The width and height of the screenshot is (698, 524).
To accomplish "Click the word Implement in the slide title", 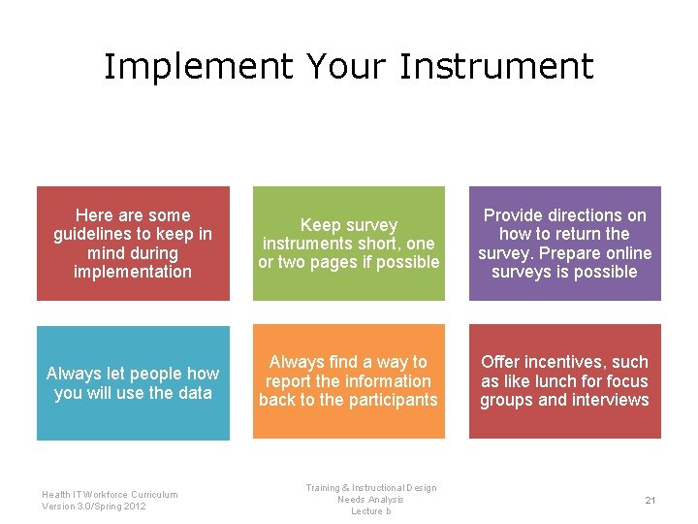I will point(197,67).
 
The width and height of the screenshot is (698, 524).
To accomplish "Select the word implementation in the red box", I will point(133,272).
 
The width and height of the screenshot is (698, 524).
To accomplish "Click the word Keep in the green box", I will point(319,225).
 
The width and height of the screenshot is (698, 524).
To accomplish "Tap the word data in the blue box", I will point(194,392).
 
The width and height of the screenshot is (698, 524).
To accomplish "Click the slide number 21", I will point(650,500).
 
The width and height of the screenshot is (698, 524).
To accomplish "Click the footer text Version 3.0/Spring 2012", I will point(94,506).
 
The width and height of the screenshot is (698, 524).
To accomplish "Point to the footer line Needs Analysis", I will point(370,500).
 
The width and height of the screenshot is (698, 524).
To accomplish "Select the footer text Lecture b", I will point(370,511).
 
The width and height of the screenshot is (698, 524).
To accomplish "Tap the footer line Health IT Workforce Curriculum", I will point(110,494).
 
